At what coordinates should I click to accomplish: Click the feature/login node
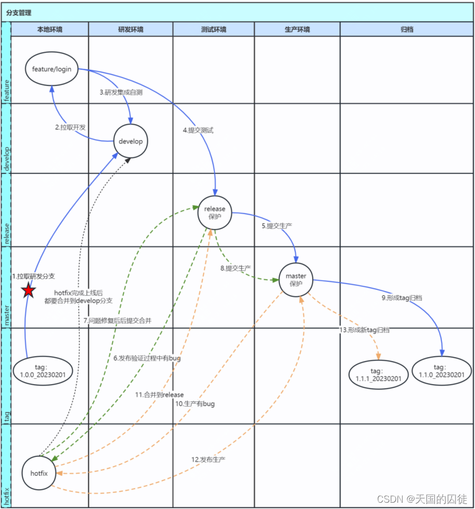[x=52, y=69]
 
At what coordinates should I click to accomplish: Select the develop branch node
[x=131, y=141]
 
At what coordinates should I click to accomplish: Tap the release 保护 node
[x=215, y=212]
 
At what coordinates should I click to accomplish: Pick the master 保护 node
[x=296, y=280]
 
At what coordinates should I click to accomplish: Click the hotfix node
[x=39, y=473]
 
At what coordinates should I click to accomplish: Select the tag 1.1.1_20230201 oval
[x=379, y=375]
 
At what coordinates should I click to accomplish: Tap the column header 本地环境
[x=50, y=30]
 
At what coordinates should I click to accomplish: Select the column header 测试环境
[x=214, y=30]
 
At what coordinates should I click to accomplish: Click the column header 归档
[x=406, y=30]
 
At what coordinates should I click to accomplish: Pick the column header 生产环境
[x=297, y=30]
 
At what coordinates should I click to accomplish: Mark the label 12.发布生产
[x=208, y=459]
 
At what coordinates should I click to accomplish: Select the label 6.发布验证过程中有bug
[x=147, y=358]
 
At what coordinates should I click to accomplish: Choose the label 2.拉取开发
[x=71, y=127]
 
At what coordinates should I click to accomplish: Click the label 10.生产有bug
[x=195, y=404]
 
